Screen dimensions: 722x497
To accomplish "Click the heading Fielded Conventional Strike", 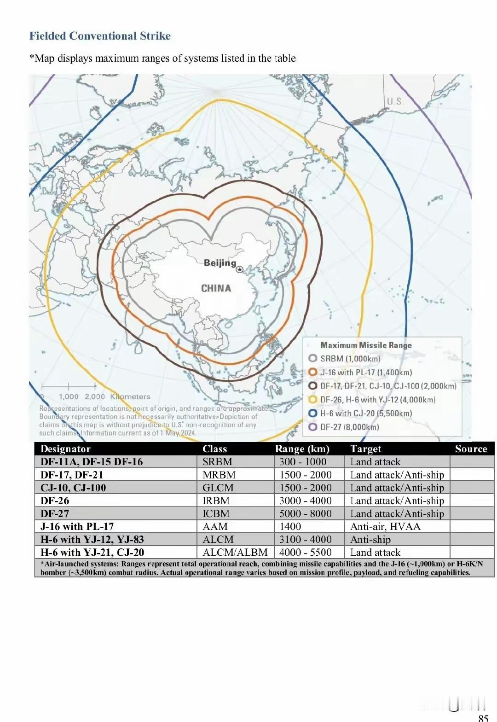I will pyautogui.click(x=100, y=36).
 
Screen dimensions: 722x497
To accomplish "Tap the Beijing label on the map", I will pyautogui.click(x=220, y=263).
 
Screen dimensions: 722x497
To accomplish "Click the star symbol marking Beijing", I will pyautogui.click(x=239, y=269).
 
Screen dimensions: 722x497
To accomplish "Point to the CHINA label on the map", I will pyautogui.click(x=216, y=288).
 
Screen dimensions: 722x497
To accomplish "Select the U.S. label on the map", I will pyautogui.click(x=395, y=101).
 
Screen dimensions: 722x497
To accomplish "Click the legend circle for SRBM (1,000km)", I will pyautogui.click(x=313, y=358).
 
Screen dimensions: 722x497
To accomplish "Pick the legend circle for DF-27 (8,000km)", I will pyautogui.click(x=313, y=427).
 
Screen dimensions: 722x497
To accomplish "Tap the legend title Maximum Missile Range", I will pyautogui.click(x=366, y=345).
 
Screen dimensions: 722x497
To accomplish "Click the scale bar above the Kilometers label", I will pyautogui.click(x=69, y=386).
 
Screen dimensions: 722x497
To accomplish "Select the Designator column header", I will pyautogui.click(x=65, y=449).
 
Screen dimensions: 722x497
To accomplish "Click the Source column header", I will pyautogui.click(x=471, y=449).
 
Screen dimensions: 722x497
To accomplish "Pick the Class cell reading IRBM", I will pyautogui.click(x=216, y=501).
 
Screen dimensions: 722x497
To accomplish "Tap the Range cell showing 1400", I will pyautogui.click(x=290, y=526).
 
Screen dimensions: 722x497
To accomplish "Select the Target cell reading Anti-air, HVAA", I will pyautogui.click(x=385, y=526).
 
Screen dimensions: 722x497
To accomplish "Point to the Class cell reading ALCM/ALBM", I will pyautogui.click(x=235, y=552).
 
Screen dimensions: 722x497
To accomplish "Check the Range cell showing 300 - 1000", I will pyautogui.click(x=302, y=462).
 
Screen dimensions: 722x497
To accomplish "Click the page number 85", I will pyautogui.click(x=483, y=717).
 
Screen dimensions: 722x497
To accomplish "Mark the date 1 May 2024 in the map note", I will pyautogui.click(x=175, y=433).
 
